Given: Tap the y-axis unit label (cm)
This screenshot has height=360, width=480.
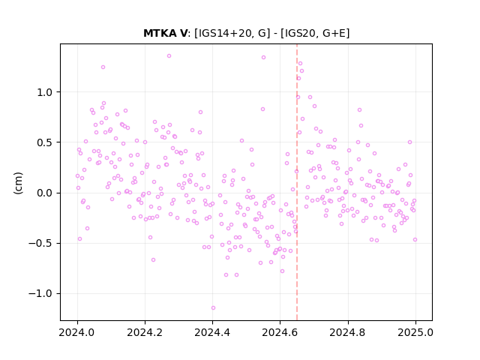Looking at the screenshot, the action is (x=18, y=183).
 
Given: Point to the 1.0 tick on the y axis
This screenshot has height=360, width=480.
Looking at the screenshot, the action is (x=46, y=92).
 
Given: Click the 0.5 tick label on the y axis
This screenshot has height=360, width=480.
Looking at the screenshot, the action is (x=46, y=142).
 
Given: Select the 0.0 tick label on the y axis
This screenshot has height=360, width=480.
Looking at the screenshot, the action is (x=46, y=193).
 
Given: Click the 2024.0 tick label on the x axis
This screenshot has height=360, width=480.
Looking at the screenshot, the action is (x=77, y=332).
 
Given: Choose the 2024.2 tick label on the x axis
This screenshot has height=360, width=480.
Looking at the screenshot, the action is (x=145, y=332).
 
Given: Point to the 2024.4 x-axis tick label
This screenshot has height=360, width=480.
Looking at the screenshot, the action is (x=212, y=332).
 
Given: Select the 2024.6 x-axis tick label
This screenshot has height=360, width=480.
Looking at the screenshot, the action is (x=280, y=332).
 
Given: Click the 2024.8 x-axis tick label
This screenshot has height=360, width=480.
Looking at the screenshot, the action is (x=348, y=332).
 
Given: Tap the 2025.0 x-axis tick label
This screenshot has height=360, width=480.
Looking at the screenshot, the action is (x=415, y=332).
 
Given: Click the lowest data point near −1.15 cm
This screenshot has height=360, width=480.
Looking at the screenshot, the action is (x=213, y=308).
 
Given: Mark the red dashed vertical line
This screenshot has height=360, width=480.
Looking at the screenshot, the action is (x=297, y=182).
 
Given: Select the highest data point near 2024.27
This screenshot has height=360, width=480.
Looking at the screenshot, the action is (x=169, y=56).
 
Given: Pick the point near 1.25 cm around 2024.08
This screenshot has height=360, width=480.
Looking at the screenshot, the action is (x=103, y=67).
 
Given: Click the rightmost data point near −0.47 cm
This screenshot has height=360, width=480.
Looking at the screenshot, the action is (x=415, y=240).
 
